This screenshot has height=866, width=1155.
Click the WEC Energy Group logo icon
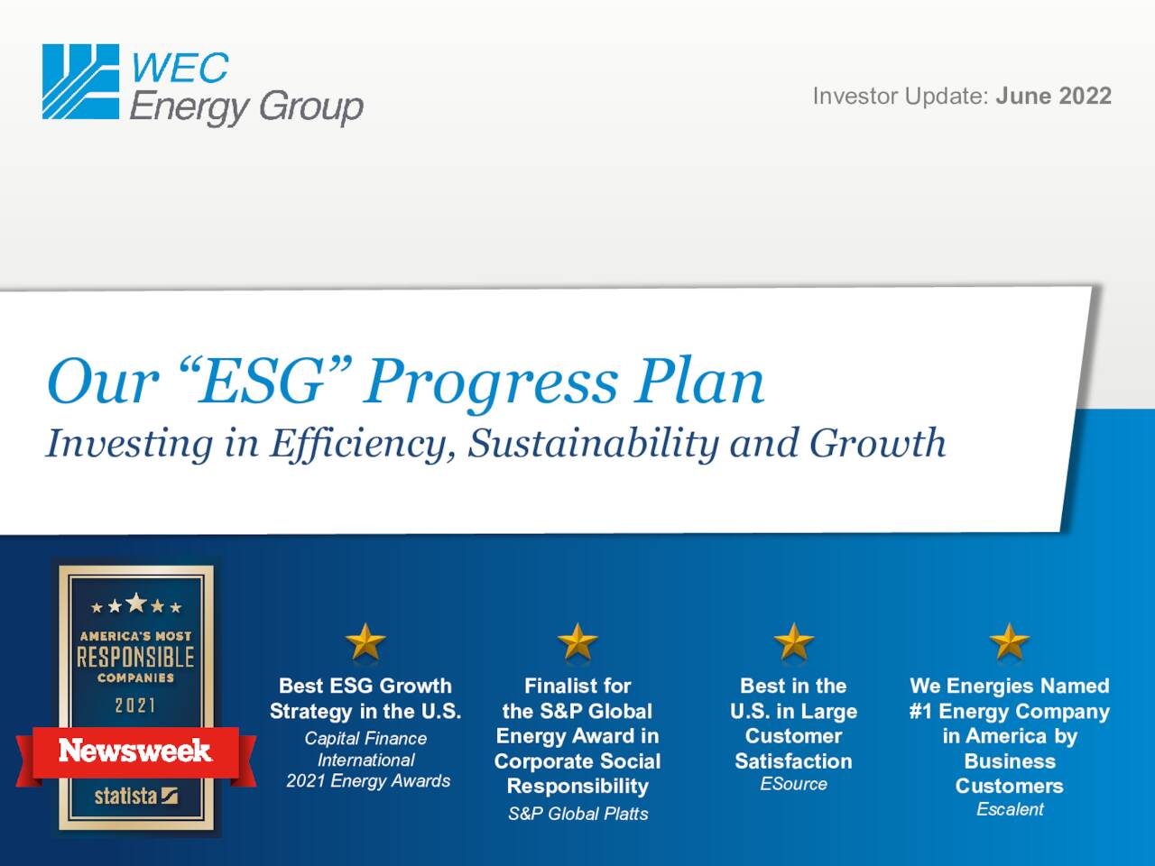pos(80,82)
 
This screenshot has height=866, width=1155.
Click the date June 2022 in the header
pos(1053,97)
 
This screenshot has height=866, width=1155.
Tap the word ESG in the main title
pos(262,381)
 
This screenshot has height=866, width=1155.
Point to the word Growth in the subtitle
pos(877,443)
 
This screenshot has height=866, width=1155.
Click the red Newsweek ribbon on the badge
pos(135,751)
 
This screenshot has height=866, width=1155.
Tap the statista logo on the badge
pos(136,796)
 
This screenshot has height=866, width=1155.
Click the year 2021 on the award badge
pos(135,705)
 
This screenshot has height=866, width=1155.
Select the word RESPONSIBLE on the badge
pos(135,657)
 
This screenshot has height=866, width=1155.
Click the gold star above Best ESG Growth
pos(365,642)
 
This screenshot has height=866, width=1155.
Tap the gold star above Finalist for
pos(577,642)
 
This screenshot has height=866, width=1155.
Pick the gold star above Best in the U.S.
pos(793,642)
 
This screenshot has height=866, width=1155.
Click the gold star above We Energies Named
pos(1009,642)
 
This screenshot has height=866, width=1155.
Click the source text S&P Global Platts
pos(577,814)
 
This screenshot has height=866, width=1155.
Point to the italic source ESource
pos(793,784)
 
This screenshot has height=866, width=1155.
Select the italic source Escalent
pos(1010,809)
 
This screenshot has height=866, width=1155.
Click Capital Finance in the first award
pos(365,738)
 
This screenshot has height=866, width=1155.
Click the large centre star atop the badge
pos(135,602)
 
